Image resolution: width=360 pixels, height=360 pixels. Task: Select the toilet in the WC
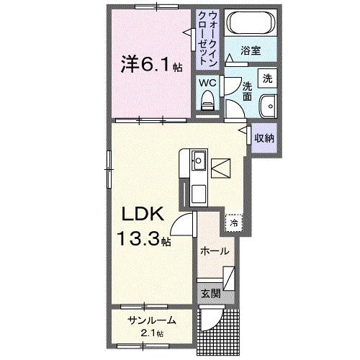click(x=210, y=100)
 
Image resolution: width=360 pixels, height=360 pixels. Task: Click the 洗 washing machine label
click(x=268, y=78)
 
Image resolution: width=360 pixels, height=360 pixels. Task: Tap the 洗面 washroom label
click(x=248, y=90)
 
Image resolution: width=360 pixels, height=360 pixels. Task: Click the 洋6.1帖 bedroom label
click(x=150, y=64)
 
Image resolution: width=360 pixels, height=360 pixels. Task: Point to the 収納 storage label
click(x=264, y=136)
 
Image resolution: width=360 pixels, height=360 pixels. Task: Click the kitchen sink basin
click(x=198, y=160)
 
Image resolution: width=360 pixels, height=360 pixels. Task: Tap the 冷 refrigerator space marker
click(x=234, y=222)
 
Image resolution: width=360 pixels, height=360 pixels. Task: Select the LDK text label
click(x=143, y=214)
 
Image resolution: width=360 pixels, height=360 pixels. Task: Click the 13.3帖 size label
click(x=145, y=240)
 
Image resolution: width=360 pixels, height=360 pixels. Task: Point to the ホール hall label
click(x=215, y=251)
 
